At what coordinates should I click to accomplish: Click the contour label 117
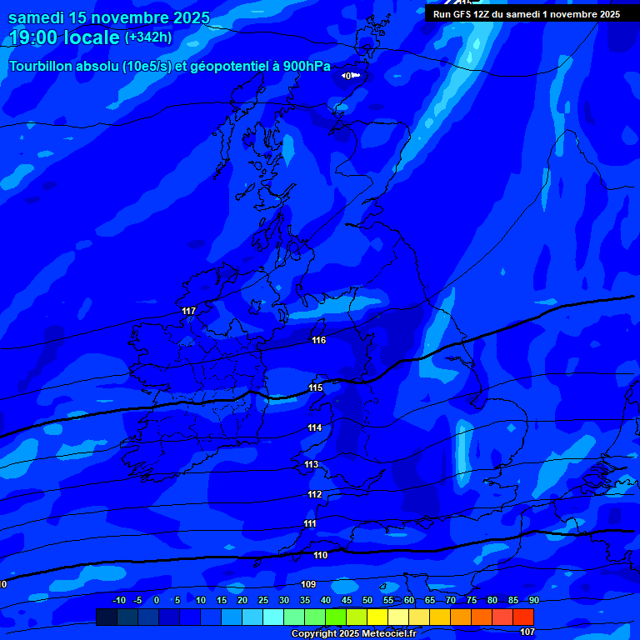[189, 311]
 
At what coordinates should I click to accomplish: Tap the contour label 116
[319, 340]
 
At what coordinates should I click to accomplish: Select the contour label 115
[316, 387]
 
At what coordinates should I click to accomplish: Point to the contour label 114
[314, 427]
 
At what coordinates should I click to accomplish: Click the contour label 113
[312, 464]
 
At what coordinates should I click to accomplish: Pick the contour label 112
[314, 494]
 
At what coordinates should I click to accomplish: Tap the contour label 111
[310, 523]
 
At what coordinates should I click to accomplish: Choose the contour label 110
[320, 554]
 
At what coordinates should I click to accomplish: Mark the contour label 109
[308, 584]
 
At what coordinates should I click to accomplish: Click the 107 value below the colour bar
[527, 632]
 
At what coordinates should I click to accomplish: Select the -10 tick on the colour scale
[118, 600]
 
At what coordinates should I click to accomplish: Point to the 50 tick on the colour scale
[367, 600]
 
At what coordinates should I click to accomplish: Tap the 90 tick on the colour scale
[533, 600]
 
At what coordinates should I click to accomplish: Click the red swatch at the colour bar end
[523, 617]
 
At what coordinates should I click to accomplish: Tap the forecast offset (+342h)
[148, 37]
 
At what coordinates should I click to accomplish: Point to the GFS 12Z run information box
[526, 14]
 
